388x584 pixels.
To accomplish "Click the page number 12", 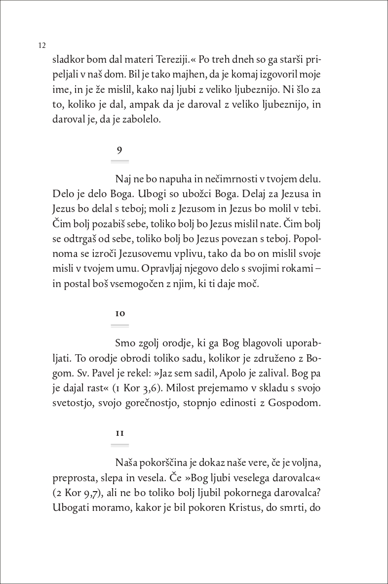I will click(x=41, y=45).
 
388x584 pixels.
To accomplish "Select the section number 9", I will click(x=119, y=150).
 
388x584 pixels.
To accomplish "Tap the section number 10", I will click(x=120, y=314).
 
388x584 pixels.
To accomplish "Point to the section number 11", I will click(x=120, y=433).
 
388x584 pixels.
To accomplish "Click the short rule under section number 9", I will click(x=120, y=161).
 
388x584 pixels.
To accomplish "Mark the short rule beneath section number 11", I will click(x=120, y=445).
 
